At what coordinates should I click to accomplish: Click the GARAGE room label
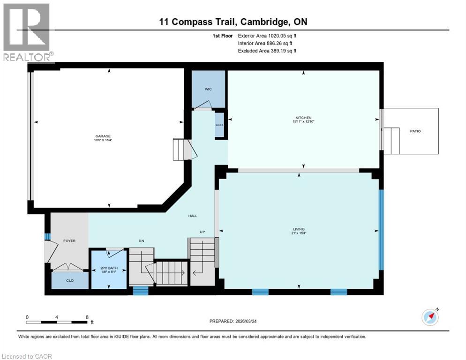103,136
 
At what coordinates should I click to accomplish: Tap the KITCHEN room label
303,118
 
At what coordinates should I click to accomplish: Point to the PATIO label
415,131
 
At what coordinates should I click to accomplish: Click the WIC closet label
208,89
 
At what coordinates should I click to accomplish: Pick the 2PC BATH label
108,268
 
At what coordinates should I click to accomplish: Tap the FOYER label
69,241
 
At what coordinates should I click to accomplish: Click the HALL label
193,216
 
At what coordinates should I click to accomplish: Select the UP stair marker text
202,232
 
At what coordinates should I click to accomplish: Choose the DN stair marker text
141,241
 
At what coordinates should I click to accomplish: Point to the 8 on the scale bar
87,317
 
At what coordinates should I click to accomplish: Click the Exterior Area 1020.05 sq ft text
267,36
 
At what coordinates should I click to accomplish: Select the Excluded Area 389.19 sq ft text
267,51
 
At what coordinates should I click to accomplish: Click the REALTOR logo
27,32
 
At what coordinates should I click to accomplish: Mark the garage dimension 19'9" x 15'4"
103,140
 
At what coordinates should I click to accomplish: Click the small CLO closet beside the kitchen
219,125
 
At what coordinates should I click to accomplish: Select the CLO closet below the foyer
69,281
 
